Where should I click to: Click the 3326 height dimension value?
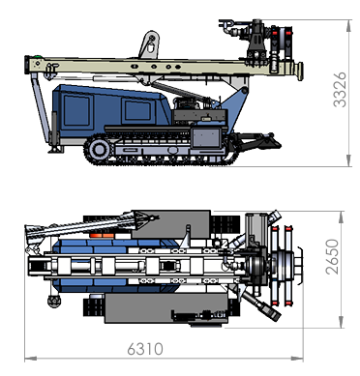340,90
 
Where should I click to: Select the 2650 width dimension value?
333,257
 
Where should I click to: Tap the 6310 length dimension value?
145,349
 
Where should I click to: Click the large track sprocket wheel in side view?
99,150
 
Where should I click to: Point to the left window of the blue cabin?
76,110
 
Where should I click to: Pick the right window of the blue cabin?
137,110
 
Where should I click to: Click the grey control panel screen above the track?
206,138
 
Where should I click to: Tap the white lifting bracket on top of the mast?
149,44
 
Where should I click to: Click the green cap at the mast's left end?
39,57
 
